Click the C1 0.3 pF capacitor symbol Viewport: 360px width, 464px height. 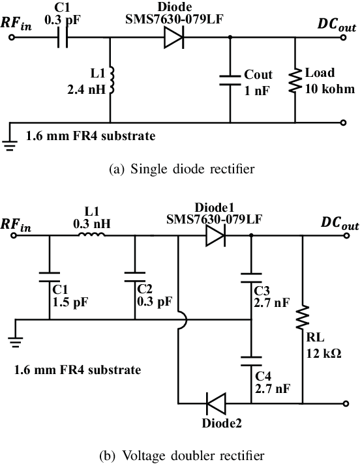tap(61, 38)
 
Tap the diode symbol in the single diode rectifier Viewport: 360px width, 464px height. tap(173, 38)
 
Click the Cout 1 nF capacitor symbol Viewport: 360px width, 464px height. tap(230, 79)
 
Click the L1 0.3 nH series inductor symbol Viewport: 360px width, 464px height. tap(91, 237)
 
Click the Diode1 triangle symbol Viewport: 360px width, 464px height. tap(215, 237)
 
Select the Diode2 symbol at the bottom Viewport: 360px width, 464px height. tap(215, 403)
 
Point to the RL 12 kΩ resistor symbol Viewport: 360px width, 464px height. tap(303, 320)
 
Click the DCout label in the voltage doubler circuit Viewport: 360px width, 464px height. tap(338, 223)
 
